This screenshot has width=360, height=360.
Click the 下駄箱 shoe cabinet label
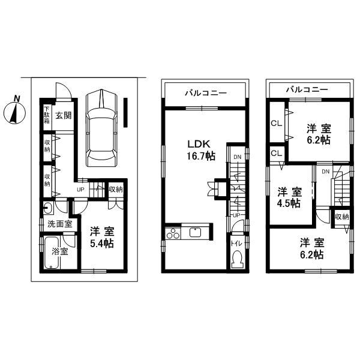point(46,114)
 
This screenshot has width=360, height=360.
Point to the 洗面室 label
point(59,224)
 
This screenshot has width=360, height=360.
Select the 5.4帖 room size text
point(103,244)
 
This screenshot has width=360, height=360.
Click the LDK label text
point(197,144)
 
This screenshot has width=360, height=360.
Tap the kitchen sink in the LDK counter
point(197,233)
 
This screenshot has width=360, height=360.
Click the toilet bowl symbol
point(237,260)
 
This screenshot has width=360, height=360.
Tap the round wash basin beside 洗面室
point(48,209)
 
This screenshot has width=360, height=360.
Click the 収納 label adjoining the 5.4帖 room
point(116,189)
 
